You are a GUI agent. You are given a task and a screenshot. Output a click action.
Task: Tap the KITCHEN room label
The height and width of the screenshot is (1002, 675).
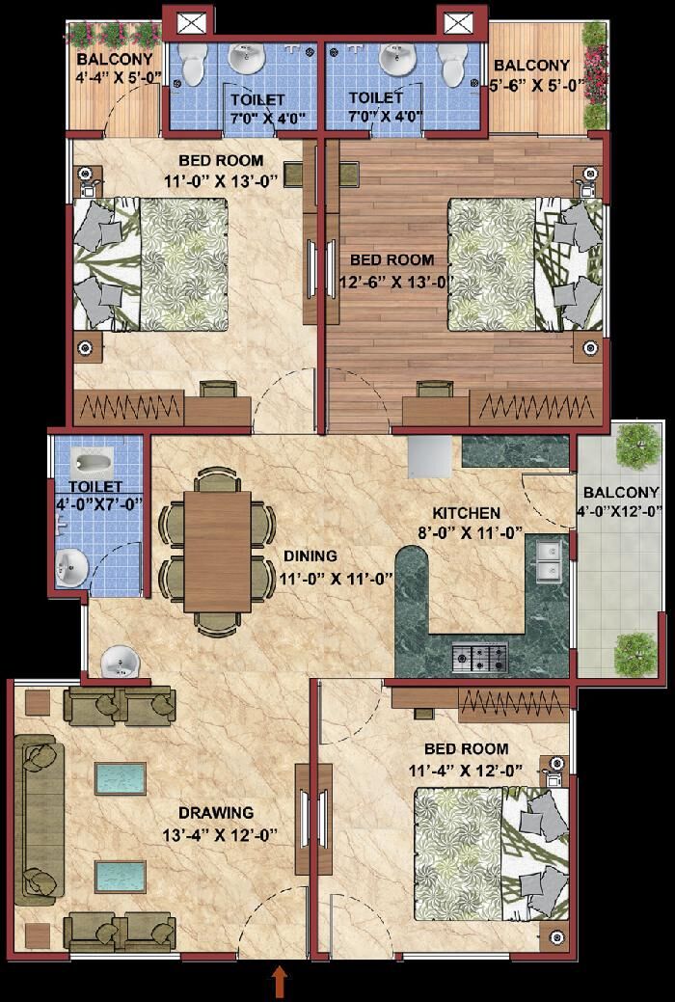[466, 512]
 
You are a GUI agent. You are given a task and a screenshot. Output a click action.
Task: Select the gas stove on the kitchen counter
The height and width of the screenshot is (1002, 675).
[480, 658]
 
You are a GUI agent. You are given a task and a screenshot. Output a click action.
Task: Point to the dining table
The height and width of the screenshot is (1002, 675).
[217, 552]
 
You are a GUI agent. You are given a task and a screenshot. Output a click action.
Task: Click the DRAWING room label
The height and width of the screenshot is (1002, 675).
[216, 813]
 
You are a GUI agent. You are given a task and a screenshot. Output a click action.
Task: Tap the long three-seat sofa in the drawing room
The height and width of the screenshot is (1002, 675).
[40, 820]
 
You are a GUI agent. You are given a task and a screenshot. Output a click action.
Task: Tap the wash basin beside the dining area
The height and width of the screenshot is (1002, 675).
[120, 662]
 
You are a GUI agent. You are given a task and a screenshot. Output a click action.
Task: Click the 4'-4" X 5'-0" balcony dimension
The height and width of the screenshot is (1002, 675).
[116, 79]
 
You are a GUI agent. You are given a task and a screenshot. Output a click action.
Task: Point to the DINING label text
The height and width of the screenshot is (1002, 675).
[310, 555]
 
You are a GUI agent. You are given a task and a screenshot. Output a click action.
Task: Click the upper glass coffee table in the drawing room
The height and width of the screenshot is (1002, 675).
[121, 778]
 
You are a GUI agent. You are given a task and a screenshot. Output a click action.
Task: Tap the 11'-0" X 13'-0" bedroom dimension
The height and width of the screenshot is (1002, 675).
[219, 180]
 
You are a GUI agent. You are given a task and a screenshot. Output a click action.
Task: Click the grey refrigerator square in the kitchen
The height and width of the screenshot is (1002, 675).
[429, 457]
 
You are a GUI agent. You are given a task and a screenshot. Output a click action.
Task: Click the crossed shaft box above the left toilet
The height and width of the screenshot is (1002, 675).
[187, 23]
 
